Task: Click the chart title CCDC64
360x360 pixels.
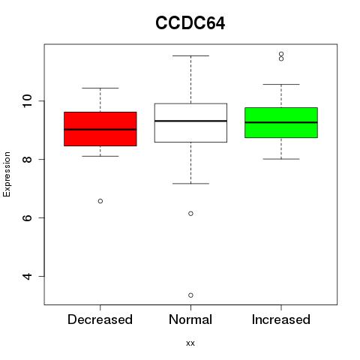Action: [190, 23]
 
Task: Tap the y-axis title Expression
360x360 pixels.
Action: [7, 174]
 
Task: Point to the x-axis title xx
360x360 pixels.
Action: [190, 343]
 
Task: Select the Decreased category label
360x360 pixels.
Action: [100, 319]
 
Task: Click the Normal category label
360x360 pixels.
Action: [190, 319]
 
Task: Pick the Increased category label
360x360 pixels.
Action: [281, 319]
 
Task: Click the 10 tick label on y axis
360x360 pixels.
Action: [27, 101]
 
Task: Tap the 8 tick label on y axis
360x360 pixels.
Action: [27, 159]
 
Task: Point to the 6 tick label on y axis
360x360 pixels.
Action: [27, 217]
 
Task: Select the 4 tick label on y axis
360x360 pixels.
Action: [27, 276]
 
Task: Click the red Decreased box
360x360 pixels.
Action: [100, 129]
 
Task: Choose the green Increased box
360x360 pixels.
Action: [281, 122]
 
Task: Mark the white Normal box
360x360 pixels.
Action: [190, 123]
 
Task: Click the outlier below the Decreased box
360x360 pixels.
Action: [100, 201]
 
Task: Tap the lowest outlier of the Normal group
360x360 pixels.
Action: [190, 295]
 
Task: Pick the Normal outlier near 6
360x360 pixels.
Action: [190, 214]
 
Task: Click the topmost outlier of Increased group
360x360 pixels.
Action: [281, 54]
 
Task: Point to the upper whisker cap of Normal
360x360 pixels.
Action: [190, 55]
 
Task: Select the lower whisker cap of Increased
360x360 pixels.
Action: [281, 159]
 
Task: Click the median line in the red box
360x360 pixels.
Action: [100, 129]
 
